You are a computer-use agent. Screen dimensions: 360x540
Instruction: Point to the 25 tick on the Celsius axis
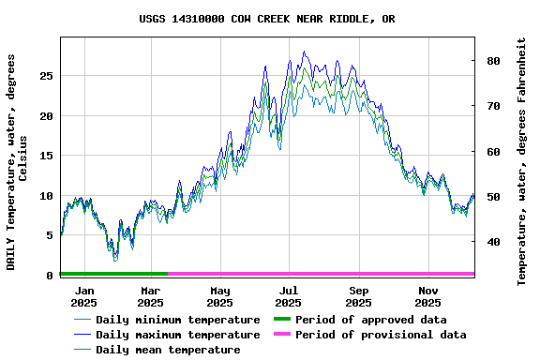click(46, 76)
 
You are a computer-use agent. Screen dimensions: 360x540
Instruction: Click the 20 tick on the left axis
click(46, 116)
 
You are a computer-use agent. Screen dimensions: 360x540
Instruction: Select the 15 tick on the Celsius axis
click(46, 156)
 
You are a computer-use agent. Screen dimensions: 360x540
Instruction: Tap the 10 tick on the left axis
click(46, 196)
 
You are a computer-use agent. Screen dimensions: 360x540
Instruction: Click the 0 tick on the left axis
click(50, 276)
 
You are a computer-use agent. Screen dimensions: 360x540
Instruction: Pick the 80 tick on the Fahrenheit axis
click(493, 61)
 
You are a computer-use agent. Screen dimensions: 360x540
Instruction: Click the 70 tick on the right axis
click(493, 106)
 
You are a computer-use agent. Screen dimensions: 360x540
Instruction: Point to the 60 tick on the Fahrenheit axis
click(493, 151)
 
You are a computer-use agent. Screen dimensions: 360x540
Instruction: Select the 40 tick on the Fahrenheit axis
click(493, 242)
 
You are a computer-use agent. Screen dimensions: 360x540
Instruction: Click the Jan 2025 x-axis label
click(84, 296)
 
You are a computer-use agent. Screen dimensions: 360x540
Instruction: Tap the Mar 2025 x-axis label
click(150, 296)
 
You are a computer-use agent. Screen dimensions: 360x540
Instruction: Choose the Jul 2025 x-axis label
click(289, 296)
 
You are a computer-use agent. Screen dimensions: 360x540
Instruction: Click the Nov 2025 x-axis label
click(427, 296)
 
